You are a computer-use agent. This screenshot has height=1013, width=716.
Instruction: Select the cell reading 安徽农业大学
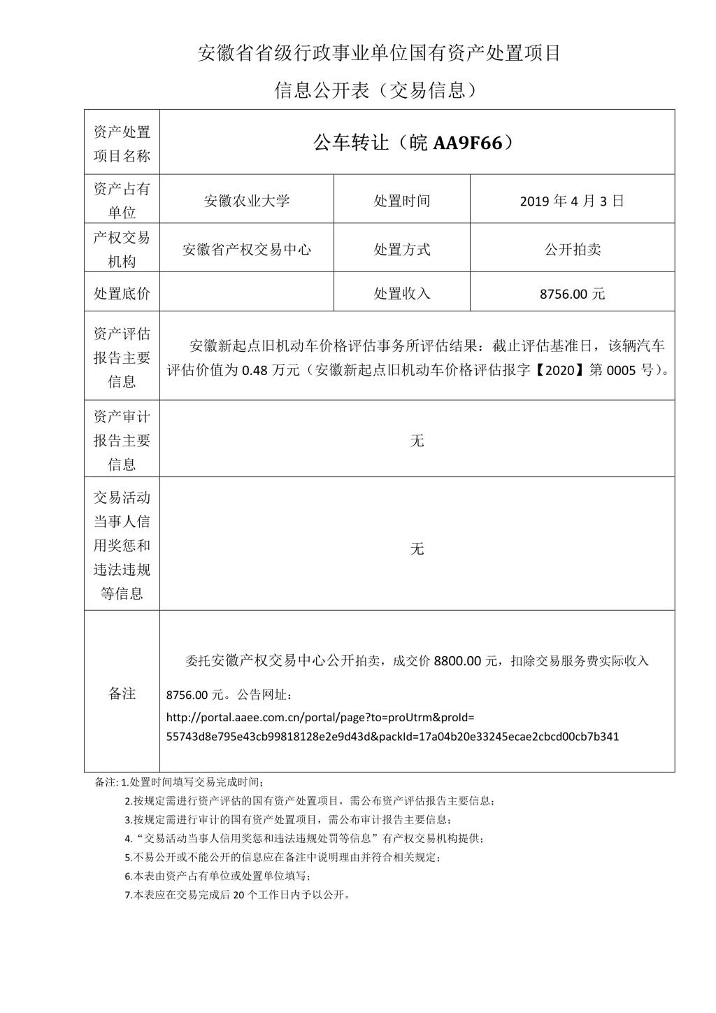pyautogui.click(x=247, y=201)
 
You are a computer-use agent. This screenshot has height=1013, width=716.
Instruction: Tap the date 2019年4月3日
pyautogui.click(x=572, y=201)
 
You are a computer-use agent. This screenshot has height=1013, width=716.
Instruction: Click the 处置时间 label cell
pyautogui.click(x=402, y=201)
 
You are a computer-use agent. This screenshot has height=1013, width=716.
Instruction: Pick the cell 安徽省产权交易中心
pyautogui.click(x=247, y=249)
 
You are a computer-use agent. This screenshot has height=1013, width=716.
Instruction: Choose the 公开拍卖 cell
pyautogui.click(x=572, y=249)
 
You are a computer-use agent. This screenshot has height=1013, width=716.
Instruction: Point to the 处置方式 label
pyautogui.click(x=402, y=249)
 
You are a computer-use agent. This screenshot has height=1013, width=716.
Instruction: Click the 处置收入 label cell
pyautogui.click(x=402, y=293)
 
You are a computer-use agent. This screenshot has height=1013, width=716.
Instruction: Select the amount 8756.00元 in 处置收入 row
pyautogui.click(x=572, y=294)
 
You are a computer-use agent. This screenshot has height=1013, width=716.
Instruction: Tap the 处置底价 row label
pyautogui.click(x=122, y=293)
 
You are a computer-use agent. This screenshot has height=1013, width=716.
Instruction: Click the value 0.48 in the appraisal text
pyautogui.click(x=255, y=370)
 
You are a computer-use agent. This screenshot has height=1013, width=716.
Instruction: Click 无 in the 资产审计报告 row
pyautogui.click(x=417, y=440)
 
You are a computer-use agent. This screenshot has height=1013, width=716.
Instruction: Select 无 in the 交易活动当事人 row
pyautogui.click(x=417, y=548)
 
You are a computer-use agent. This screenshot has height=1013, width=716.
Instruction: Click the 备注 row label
pyautogui.click(x=122, y=693)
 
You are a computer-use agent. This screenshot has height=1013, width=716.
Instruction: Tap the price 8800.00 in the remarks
pyautogui.click(x=457, y=660)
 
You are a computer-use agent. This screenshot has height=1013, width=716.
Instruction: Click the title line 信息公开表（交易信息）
pyautogui.click(x=378, y=90)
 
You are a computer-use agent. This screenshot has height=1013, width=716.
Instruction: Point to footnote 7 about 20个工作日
pyautogui.click(x=238, y=894)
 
